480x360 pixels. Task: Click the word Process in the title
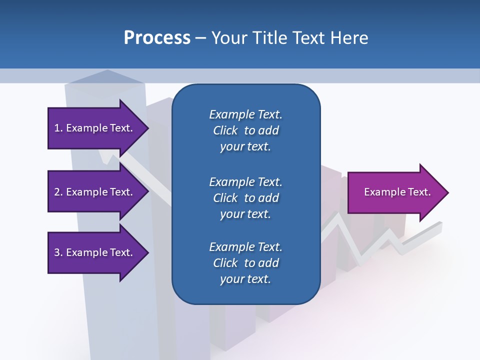click(x=157, y=38)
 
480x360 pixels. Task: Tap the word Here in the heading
click(x=348, y=38)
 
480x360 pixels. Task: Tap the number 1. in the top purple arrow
click(x=58, y=128)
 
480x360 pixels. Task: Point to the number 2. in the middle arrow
click(x=58, y=192)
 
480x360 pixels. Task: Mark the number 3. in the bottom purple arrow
click(x=58, y=253)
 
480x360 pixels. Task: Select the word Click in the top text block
click(x=225, y=130)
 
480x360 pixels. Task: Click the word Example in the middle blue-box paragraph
click(x=231, y=182)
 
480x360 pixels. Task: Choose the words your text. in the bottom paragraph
click(x=245, y=279)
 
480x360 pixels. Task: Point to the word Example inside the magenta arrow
click(x=382, y=192)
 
